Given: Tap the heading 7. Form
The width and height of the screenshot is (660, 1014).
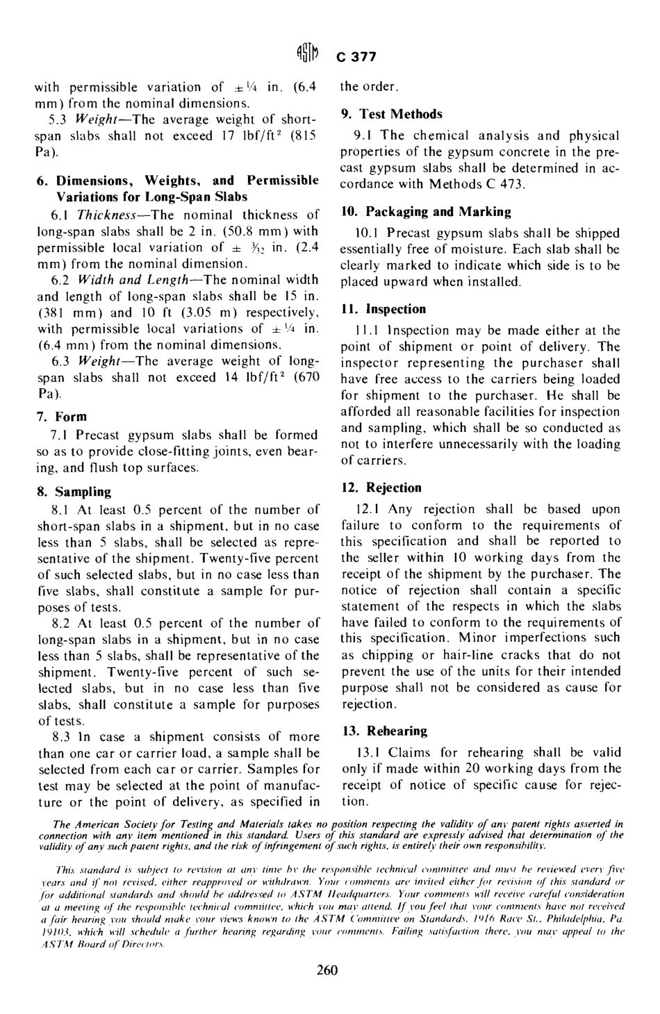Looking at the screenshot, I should coord(62,417).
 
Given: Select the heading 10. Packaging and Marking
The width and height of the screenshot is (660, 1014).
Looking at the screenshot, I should coord(425,212).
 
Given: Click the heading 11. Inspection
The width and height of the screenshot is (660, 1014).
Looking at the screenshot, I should coord(383,309).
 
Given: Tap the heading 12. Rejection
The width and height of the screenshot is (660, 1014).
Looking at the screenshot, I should coord(381,488).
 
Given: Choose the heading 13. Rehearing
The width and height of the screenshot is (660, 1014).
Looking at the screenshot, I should coord(383,731).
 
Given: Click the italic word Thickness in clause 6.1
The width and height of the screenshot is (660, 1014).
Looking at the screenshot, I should coord(107,215).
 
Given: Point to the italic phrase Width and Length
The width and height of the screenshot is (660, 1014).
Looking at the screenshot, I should coord(129,279).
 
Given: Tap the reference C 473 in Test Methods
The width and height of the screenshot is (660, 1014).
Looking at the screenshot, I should coord(506,184).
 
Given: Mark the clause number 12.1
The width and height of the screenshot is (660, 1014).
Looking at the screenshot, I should coord(366,509).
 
